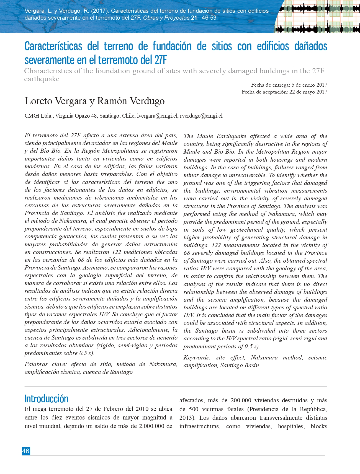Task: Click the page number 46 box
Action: (26, 451)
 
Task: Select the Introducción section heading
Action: (47, 398)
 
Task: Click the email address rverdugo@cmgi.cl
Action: (201, 116)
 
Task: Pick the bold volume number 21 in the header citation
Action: (194, 18)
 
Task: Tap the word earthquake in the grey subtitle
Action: (42, 79)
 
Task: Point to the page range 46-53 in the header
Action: (209, 18)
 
